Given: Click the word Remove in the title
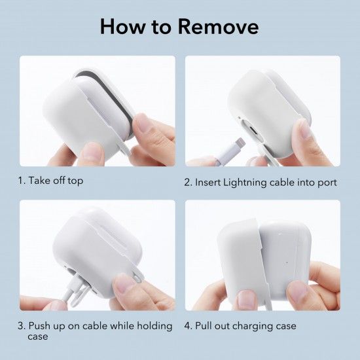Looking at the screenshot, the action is click(x=218, y=26).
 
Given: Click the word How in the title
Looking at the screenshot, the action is click(x=123, y=26).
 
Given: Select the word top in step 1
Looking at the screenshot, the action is click(x=75, y=181).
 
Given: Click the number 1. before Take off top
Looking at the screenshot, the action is click(x=22, y=181).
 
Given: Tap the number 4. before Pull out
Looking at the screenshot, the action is click(x=188, y=326).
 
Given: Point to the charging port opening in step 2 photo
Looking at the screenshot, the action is click(x=252, y=130).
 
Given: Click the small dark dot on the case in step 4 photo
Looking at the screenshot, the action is click(x=287, y=262).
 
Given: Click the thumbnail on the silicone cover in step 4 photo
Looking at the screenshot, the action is click(x=246, y=300).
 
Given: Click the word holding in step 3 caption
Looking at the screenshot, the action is click(x=154, y=326).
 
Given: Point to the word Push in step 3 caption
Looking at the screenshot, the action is click(x=39, y=326).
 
